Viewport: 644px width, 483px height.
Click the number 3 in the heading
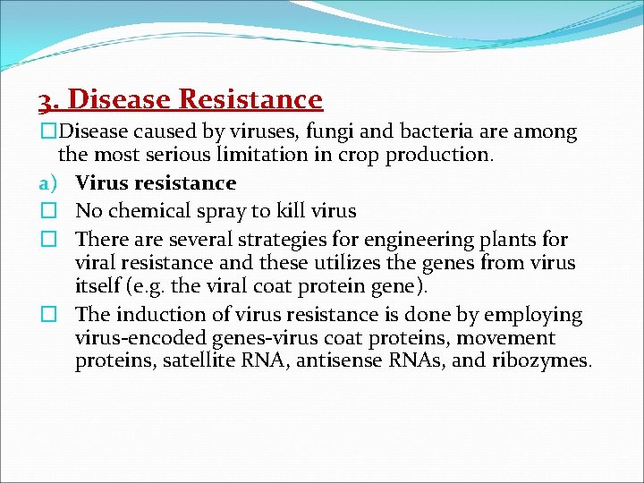45,99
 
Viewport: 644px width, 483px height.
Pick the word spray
227,212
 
